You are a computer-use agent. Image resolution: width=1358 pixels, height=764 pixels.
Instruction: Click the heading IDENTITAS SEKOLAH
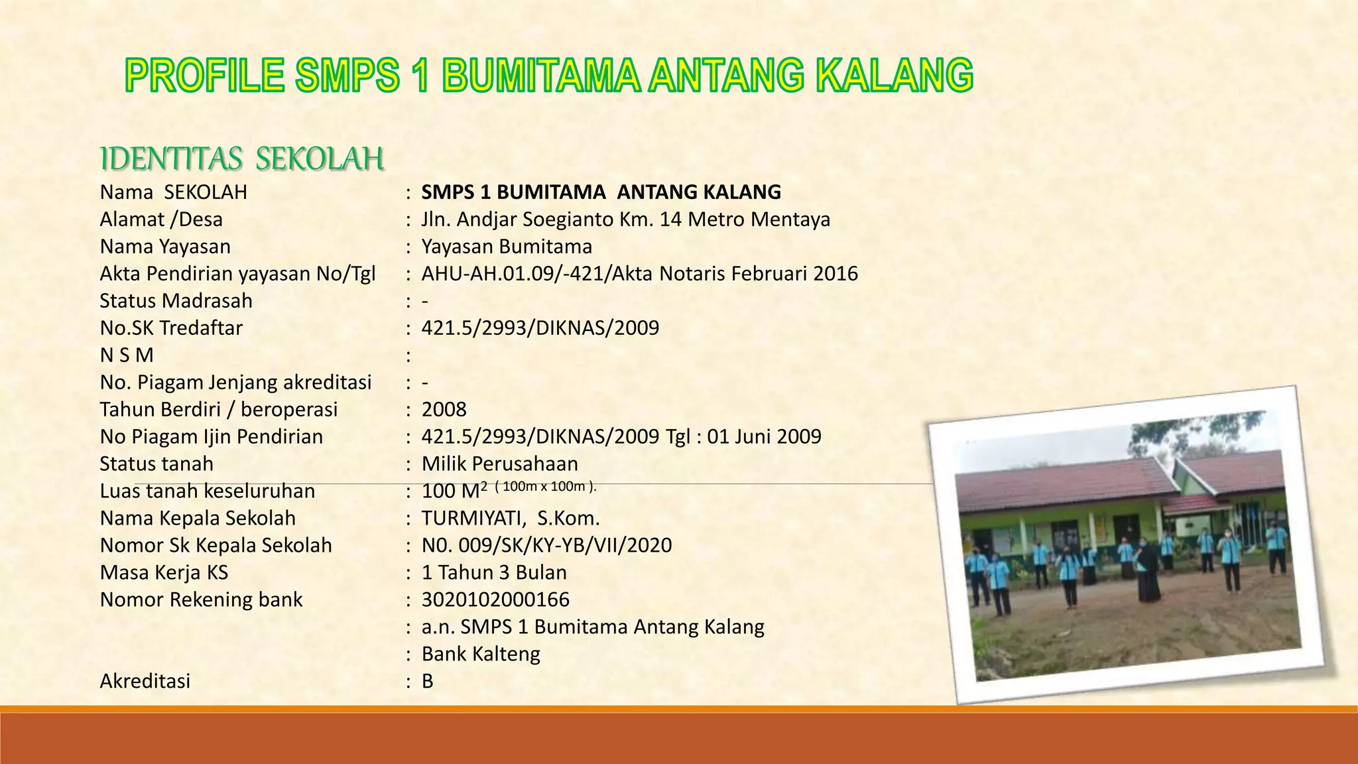tap(242, 160)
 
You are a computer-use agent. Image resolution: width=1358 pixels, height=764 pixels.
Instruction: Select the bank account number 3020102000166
tap(495, 600)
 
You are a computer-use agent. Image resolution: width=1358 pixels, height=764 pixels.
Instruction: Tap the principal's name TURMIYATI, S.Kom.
tap(511, 518)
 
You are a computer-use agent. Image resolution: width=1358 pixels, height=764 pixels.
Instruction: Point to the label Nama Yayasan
tap(165, 247)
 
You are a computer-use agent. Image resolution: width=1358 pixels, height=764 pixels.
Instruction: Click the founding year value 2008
tap(444, 409)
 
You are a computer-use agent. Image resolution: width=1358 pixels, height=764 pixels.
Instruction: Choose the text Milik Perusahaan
tap(499, 464)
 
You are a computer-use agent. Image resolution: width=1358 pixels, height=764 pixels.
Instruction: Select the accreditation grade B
tap(427, 681)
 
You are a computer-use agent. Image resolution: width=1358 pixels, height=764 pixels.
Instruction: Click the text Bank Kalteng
tap(481, 654)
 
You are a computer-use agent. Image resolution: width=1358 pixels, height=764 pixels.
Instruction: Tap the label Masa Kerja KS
tap(164, 572)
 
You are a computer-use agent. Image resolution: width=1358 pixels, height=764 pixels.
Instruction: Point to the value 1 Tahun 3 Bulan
tap(494, 572)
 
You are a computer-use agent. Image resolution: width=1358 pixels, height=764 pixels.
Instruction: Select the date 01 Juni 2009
tap(764, 436)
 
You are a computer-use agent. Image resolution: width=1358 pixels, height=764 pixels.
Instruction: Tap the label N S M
tap(127, 355)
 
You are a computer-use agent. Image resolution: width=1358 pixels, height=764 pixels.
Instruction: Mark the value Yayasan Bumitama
tap(507, 247)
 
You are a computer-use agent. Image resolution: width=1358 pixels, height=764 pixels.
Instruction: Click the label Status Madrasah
tap(176, 301)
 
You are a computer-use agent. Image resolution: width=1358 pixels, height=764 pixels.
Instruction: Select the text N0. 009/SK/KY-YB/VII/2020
tap(546, 545)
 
